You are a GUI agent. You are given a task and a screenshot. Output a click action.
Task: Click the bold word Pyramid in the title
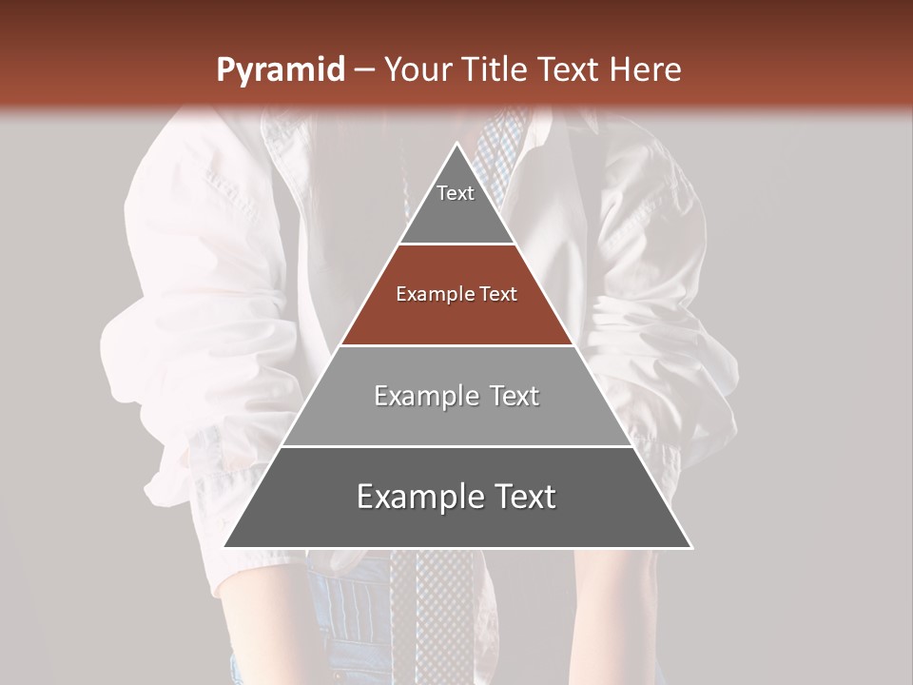[x=280, y=70]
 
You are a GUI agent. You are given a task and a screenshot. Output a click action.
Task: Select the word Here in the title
[x=646, y=70]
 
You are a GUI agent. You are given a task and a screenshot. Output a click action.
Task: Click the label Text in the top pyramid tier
[x=456, y=193]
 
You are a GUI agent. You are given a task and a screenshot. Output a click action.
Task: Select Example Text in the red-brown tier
[x=456, y=294]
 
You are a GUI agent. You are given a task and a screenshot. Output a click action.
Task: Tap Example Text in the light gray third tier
[x=456, y=396]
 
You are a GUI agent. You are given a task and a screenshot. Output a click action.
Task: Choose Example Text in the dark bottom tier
[x=456, y=497]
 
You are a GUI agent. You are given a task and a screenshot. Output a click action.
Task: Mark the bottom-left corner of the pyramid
[x=224, y=547]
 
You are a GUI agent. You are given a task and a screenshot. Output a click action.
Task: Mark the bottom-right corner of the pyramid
[x=691, y=547]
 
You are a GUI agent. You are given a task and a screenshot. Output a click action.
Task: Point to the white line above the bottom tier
[x=457, y=446]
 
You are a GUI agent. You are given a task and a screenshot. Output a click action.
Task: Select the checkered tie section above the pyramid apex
[x=499, y=143]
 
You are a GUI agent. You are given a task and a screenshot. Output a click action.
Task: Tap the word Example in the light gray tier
[x=417, y=396]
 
